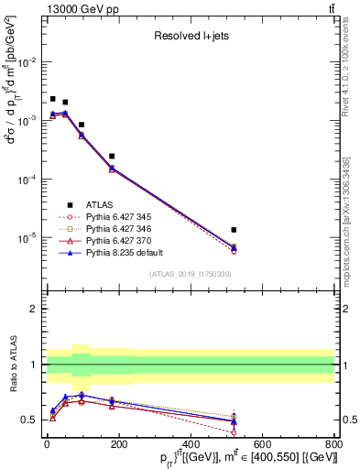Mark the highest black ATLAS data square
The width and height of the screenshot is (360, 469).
coord(53,99)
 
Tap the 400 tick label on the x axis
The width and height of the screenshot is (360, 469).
coord(191,445)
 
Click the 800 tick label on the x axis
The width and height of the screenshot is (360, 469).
coord(333,445)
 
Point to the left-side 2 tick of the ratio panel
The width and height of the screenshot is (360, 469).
coord(35,309)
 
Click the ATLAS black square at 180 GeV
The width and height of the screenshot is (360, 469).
coord(112,157)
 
